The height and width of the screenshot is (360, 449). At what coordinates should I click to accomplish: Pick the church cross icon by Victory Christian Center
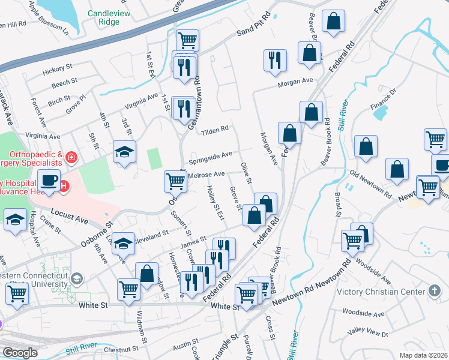pos(435,291)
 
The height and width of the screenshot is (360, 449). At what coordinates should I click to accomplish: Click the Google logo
pos(20,352)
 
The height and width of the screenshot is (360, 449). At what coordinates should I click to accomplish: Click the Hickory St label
pos(57,71)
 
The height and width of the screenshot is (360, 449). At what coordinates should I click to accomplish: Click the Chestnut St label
pos(122,349)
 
